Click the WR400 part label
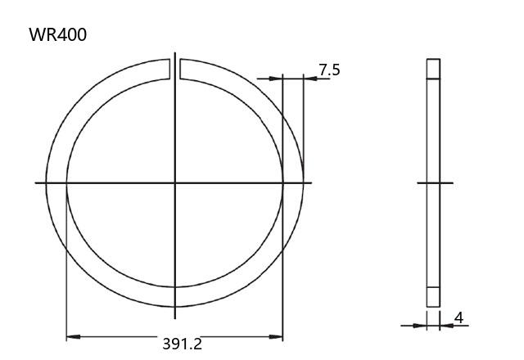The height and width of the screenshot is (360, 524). tap(58, 34)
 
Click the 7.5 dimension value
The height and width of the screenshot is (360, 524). tap(329, 70)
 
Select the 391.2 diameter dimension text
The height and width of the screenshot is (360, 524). tap(182, 344)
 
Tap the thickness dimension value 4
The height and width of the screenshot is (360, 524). tap(459, 318)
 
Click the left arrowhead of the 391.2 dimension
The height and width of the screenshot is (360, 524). tap(73, 336)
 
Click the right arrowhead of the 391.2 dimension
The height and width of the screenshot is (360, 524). tap(276, 336)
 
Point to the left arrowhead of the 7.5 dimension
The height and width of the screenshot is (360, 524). tap(276, 79)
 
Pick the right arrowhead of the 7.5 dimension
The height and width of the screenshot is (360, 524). tap(310, 79)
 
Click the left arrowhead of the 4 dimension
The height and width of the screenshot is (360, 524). tap(420, 326)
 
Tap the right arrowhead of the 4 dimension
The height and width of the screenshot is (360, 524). tap(446, 326)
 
